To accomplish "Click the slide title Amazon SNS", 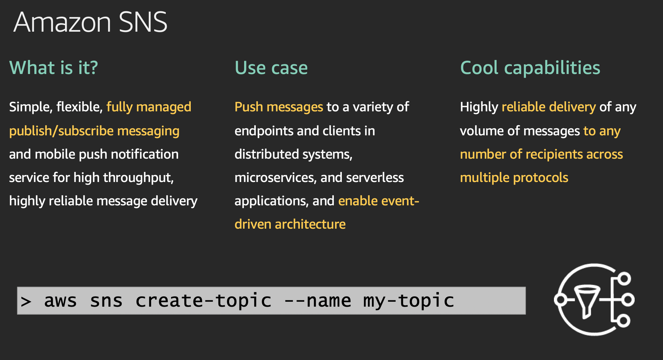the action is [90, 22].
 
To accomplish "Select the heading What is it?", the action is [54, 68].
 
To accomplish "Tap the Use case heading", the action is [271, 68].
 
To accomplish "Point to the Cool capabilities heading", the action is [530, 68].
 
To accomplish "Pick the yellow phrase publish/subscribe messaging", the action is [94, 131].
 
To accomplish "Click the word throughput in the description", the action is [138, 178].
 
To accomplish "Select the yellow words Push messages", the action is [279, 107].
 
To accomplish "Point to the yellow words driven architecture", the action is [290, 224].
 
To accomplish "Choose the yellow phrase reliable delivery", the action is [549, 107].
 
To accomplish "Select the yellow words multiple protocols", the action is [514, 178].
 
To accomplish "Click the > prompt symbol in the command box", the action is [26, 301].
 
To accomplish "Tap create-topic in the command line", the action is [203, 301].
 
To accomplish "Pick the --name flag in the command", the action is [317, 301].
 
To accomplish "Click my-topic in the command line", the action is [409, 301].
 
